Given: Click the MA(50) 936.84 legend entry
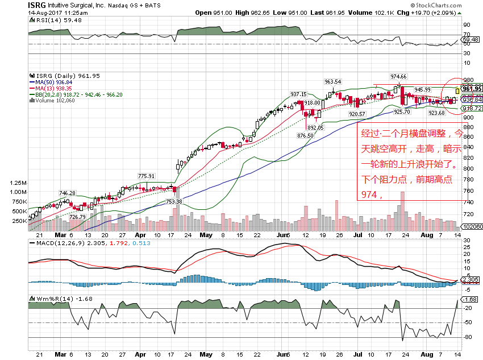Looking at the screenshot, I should [x=52, y=82].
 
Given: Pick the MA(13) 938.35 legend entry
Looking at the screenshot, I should [x=52, y=88].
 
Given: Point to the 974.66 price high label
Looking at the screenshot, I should [x=398, y=76].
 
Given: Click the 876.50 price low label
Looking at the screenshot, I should [x=305, y=135].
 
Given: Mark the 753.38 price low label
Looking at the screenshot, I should [x=173, y=201].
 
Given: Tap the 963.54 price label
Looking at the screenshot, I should [x=332, y=81].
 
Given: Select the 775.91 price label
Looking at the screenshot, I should [x=147, y=176].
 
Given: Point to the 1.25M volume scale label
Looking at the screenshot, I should [x=19, y=183].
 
